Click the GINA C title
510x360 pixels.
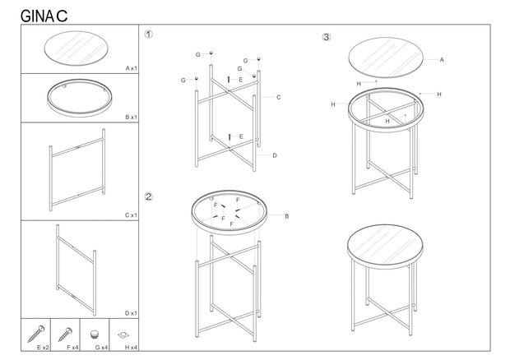44,16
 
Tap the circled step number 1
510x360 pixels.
148,35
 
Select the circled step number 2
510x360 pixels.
148,196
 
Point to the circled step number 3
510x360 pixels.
326,37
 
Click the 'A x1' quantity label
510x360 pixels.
132,68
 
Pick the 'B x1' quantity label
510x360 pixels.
132,117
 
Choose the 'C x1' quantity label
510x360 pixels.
132,215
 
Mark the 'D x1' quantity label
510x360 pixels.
132,313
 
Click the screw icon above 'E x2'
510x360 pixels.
36,334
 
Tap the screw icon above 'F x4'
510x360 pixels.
65,335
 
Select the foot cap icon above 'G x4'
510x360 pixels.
95,335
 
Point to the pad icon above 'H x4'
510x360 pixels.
123,335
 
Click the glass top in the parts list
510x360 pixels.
76,48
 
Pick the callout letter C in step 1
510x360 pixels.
278,97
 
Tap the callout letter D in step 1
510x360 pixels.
275,155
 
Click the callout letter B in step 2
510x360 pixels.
287,215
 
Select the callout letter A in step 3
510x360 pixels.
442,59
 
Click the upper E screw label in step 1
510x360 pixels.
241,80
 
